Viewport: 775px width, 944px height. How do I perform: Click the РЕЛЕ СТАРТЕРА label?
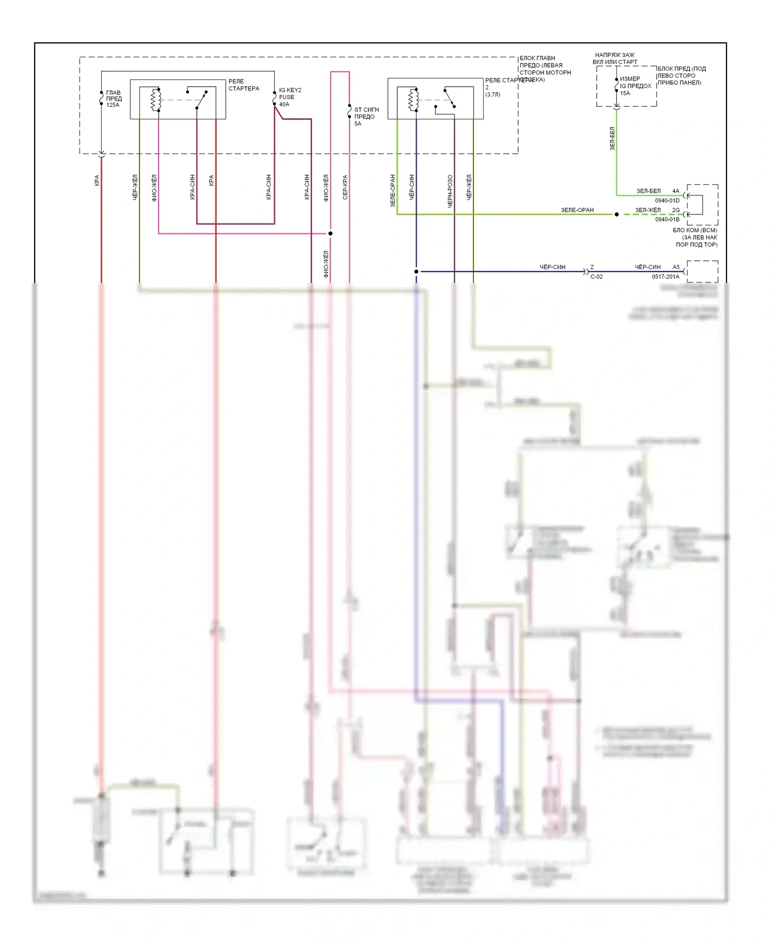[243, 85]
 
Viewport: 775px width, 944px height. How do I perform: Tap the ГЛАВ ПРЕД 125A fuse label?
[114, 99]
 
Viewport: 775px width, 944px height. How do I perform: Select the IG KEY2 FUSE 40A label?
[290, 97]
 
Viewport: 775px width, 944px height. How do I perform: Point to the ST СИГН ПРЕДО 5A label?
[366, 117]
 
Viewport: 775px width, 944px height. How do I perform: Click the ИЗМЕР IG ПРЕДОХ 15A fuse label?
[635, 86]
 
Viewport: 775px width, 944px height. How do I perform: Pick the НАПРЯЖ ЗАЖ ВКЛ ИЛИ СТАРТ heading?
[615, 58]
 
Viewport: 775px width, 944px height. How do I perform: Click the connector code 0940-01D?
[667, 200]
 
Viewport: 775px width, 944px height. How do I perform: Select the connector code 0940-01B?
[667, 219]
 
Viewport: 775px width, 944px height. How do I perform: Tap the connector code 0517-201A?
[665, 277]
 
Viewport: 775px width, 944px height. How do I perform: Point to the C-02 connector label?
[596, 277]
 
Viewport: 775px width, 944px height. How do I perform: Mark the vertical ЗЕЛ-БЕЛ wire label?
[612, 138]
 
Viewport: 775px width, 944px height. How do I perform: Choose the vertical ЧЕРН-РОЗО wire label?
[450, 191]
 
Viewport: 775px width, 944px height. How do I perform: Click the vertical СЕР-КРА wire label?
[345, 187]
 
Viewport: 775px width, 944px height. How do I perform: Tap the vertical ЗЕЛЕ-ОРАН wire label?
[393, 191]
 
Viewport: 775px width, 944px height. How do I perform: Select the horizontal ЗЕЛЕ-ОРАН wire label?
[577, 210]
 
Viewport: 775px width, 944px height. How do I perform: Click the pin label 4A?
[676, 191]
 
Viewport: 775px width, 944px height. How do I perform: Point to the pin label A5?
[676, 267]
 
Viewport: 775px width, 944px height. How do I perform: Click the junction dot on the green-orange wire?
[616, 214]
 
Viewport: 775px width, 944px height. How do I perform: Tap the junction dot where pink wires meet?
[331, 233]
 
